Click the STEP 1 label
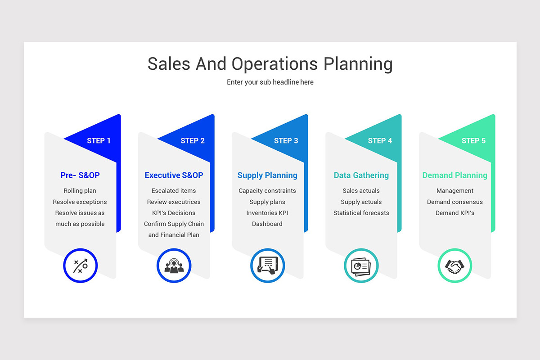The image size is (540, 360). click(99, 140)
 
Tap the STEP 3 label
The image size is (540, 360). click(286, 140)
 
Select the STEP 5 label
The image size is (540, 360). click(473, 140)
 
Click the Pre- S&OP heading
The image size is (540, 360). click(80, 175)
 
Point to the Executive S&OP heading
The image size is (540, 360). click(174, 175)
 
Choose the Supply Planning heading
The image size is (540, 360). click(267, 175)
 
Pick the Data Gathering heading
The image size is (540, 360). click(361, 175)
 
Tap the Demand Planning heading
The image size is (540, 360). click(454, 175)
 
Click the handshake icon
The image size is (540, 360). click(454, 265)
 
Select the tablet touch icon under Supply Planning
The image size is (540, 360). click(267, 265)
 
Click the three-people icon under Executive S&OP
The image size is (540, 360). click(174, 265)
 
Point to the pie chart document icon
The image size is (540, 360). click(361, 265)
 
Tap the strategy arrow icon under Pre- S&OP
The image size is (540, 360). click(80, 265)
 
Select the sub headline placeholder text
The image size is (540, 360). click(270, 82)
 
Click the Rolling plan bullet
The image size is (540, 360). click(80, 191)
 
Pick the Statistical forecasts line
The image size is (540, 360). click(361, 213)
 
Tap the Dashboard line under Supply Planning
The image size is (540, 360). click(267, 224)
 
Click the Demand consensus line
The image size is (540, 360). click(454, 202)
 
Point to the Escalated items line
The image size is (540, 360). click(174, 191)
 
